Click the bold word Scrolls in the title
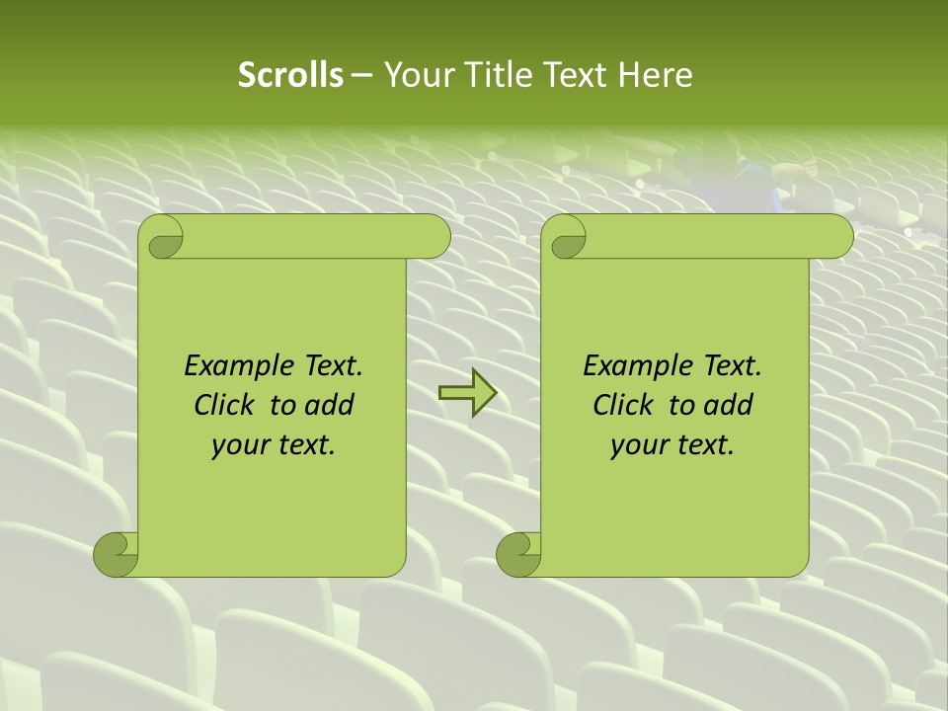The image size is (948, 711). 290,75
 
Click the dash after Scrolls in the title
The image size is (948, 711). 361,75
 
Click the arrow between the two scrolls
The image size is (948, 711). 467,392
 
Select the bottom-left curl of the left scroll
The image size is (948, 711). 117,554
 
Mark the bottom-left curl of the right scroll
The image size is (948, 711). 519,554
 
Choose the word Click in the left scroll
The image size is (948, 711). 223,405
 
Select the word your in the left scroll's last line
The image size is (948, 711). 238,445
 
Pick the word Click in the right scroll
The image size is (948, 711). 622,405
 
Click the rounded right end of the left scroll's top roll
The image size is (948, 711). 434,237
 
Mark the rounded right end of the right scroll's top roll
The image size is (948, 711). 837,237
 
